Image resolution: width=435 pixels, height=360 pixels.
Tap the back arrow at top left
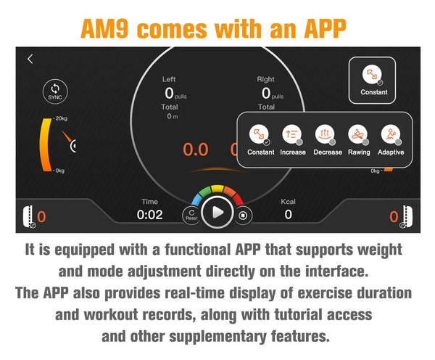[30, 59]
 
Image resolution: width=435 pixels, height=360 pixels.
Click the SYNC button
[55, 91]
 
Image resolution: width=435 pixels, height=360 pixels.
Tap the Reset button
[191, 216]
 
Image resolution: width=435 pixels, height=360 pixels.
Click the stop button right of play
[243, 216]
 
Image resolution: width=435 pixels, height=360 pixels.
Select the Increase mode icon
[292, 134]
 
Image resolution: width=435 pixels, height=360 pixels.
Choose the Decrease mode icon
[325, 134]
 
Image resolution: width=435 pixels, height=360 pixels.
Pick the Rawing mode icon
[358, 134]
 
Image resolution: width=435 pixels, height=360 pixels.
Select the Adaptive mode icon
[391, 134]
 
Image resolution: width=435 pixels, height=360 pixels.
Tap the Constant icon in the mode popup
[259, 134]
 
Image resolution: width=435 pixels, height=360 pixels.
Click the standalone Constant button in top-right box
[372, 81]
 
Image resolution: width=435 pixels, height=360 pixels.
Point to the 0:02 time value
[149, 215]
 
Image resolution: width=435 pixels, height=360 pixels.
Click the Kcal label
[288, 201]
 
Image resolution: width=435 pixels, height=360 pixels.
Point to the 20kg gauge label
[62, 118]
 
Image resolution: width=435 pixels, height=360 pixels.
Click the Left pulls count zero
[169, 93]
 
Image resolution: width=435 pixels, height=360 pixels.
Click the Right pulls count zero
[266, 93]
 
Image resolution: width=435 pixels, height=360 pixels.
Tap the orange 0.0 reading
[196, 150]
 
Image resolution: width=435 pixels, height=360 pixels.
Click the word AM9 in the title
[104, 28]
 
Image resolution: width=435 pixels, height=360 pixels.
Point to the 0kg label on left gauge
[60, 171]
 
